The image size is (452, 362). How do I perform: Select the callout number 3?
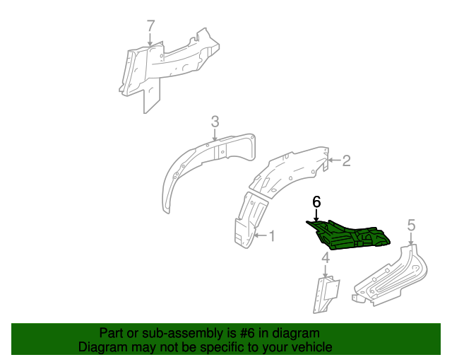[215, 122]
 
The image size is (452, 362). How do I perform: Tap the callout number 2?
[346, 160]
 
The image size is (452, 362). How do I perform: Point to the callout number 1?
[272, 236]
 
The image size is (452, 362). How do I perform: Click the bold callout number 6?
[316, 202]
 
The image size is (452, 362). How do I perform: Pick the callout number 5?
[411, 225]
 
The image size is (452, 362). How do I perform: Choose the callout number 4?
[326, 258]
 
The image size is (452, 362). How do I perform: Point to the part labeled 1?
[250, 219]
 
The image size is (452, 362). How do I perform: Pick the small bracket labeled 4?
[326, 294]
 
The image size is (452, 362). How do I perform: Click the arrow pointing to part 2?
[334, 160]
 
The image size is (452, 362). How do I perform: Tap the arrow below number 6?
[316, 215]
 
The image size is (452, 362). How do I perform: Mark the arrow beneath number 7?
[150, 39]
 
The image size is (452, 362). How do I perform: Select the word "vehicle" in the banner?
[314, 347]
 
